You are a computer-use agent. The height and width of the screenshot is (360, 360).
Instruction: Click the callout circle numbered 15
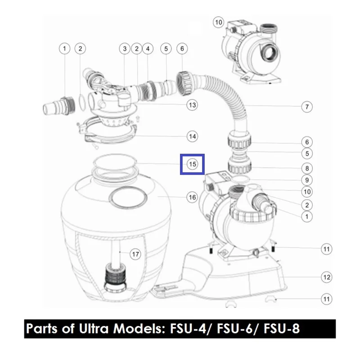tap(192, 164)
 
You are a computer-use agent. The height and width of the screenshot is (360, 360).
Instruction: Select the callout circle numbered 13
tap(192, 105)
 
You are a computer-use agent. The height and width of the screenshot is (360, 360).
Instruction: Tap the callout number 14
tap(192, 136)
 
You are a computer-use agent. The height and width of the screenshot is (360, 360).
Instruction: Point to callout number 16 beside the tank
tap(192, 197)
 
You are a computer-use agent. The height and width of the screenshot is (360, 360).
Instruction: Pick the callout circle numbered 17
tap(135, 254)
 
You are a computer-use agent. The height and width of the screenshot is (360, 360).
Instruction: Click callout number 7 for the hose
tap(307, 107)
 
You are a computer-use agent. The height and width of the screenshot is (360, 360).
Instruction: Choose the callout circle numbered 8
tap(307, 168)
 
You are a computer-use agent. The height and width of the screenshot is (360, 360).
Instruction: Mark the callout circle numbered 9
tap(307, 180)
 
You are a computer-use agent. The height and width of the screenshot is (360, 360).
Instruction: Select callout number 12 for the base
tap(327, 277)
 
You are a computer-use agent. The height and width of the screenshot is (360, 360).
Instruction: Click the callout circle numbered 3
tap(125, 49)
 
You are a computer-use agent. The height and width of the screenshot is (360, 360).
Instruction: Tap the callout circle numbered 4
tap(148, 49)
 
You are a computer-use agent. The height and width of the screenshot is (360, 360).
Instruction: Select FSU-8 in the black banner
tap(282, 329)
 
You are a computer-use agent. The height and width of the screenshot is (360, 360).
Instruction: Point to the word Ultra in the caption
tap(94, 328)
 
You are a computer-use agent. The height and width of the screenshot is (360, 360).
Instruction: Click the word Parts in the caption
tap(41, 328)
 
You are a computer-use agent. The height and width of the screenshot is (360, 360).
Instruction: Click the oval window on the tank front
tap(128, 197)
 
